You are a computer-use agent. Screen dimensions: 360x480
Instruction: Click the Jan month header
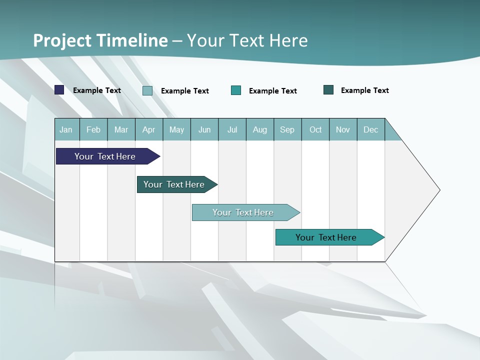pyautogui.click(x=66, y=129)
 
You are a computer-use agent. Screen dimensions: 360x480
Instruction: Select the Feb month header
pyautogui.click(x=93, y=129)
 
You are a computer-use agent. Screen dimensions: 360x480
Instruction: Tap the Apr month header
pyautogui.click(x=149, y=129)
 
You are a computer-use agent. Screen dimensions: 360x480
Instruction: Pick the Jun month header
pyautogui.click(x=204, y=129)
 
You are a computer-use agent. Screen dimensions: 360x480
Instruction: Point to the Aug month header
pyautogui.click(x=260, y=129)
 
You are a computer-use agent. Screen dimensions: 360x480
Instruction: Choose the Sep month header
pyautogui.click(x=287, y=129)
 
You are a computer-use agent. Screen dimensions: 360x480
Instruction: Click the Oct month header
pyautogui.click(x=315, y=129)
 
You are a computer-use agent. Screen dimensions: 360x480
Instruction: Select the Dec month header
pyautogui.click(x=371, y=129)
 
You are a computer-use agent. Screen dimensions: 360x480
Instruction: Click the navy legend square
pyautogui.click(x=59, y=90)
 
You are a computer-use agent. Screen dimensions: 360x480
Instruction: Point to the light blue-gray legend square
pyautogui.click(x=147, y=90)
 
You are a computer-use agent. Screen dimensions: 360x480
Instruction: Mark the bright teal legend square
pyautogui.click(x=236, y=90)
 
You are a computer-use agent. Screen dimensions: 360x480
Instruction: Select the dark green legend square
pyautogui.click(x=328, y=90)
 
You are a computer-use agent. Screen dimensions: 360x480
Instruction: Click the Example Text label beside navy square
pyautogui.click(x=97, y=90)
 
